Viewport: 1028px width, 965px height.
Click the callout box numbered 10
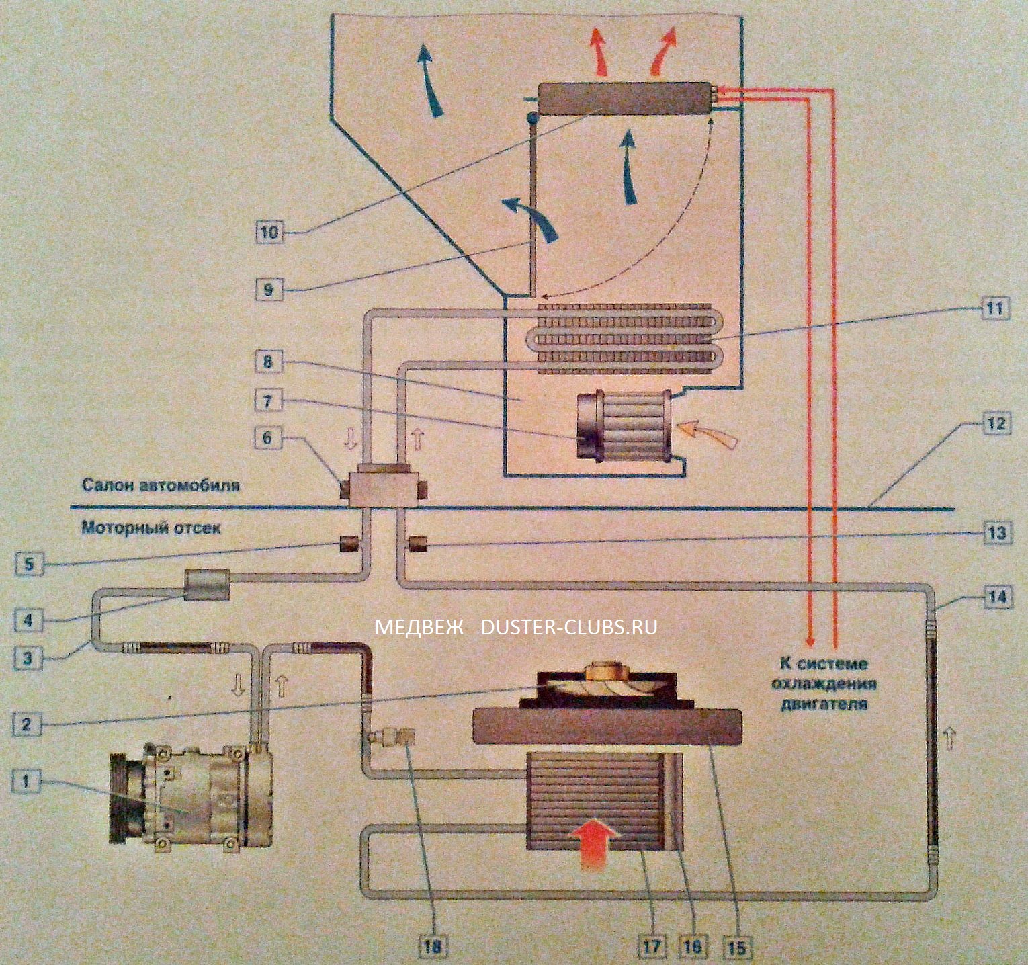[269, 233]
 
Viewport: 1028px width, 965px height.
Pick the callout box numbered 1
[27, 782]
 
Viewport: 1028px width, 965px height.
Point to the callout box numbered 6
[267, 438]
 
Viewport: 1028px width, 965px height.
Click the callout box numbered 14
[998, 597]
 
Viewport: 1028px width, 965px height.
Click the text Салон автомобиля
[160, 485]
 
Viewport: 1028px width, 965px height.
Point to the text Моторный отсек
[151, 528]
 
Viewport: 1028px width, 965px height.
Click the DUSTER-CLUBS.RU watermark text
[569, 627]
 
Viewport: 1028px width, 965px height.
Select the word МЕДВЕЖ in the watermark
[419, 627]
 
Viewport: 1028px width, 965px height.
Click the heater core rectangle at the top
[625, 98]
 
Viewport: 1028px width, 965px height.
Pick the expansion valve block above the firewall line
[384, 487]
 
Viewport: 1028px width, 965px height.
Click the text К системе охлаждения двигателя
[823, 683]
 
